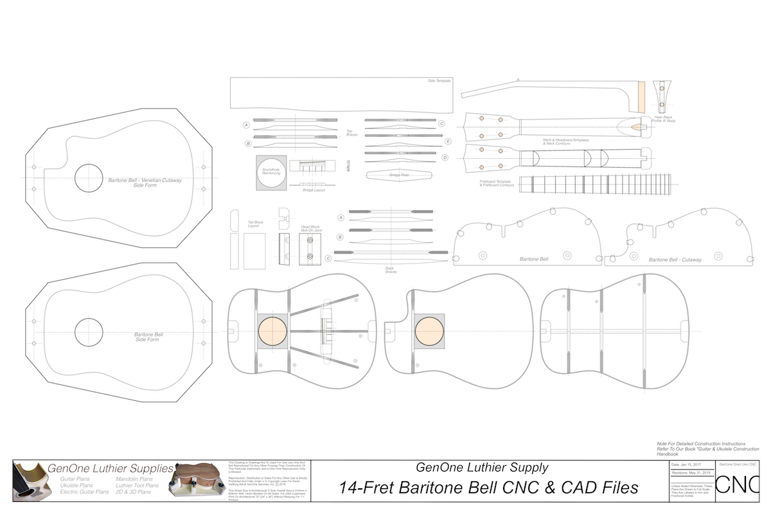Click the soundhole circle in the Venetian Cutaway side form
[x=89, y=177]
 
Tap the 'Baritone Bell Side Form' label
[x=148, y=337]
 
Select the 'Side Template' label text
[x=439, y=82]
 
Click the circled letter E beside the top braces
[x=448, y=141]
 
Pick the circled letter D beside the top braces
[x=445, y=157]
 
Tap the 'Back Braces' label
[x=391, y=271]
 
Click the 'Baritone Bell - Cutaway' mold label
[x=675, y=260]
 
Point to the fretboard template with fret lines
[x=595, y=184]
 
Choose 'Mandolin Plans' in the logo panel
[x=134, y=479]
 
